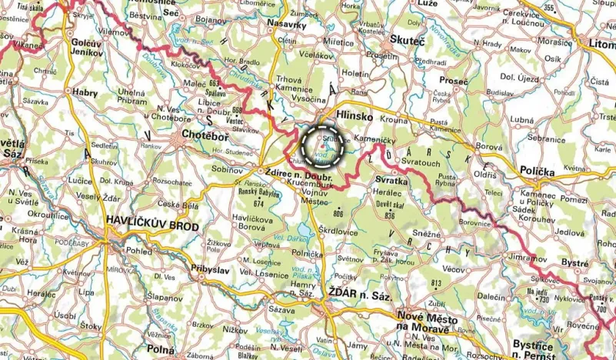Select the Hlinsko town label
[355, 116]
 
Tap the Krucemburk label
[313, 185]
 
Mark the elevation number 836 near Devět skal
[389, 216]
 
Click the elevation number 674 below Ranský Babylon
[258, 204]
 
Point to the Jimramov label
[522, 259]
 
